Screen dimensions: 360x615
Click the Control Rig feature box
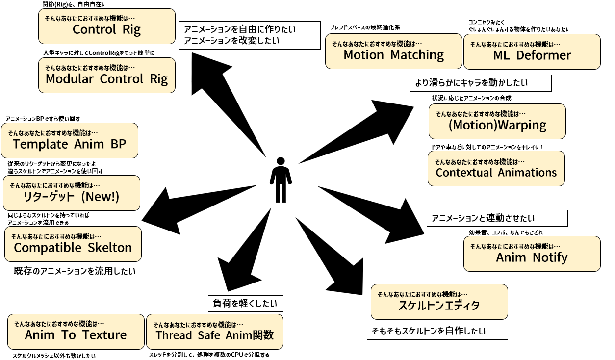[x=106, y=26]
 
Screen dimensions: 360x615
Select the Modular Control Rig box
[x=106, y=75]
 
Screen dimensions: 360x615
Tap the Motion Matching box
[x=393, y=51]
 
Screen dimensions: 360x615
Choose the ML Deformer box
[x=532, y=51]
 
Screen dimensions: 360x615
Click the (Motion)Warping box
[x=497, y=121]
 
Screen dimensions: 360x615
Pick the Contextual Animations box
[x=496, y=168]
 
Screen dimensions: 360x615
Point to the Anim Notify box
[x=532, y=254]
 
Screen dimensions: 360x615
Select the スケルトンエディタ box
[x=439, y=302]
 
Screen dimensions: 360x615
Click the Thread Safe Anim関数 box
[x=214, y=332]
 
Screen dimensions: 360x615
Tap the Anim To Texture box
[x=76, y=332]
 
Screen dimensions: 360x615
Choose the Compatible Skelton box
[x=73, y=244]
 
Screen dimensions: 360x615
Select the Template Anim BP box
[x=69, y=140]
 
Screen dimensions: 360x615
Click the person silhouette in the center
[x=281, y=180]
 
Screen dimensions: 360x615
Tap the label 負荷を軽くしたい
[x=245, y=304]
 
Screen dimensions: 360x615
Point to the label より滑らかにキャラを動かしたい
[x=480, y=83]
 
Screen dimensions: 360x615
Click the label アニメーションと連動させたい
[x=497, y=218]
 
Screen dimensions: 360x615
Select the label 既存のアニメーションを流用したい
[x=79, y=271]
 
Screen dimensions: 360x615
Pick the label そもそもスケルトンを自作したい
[x=437, y=331]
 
